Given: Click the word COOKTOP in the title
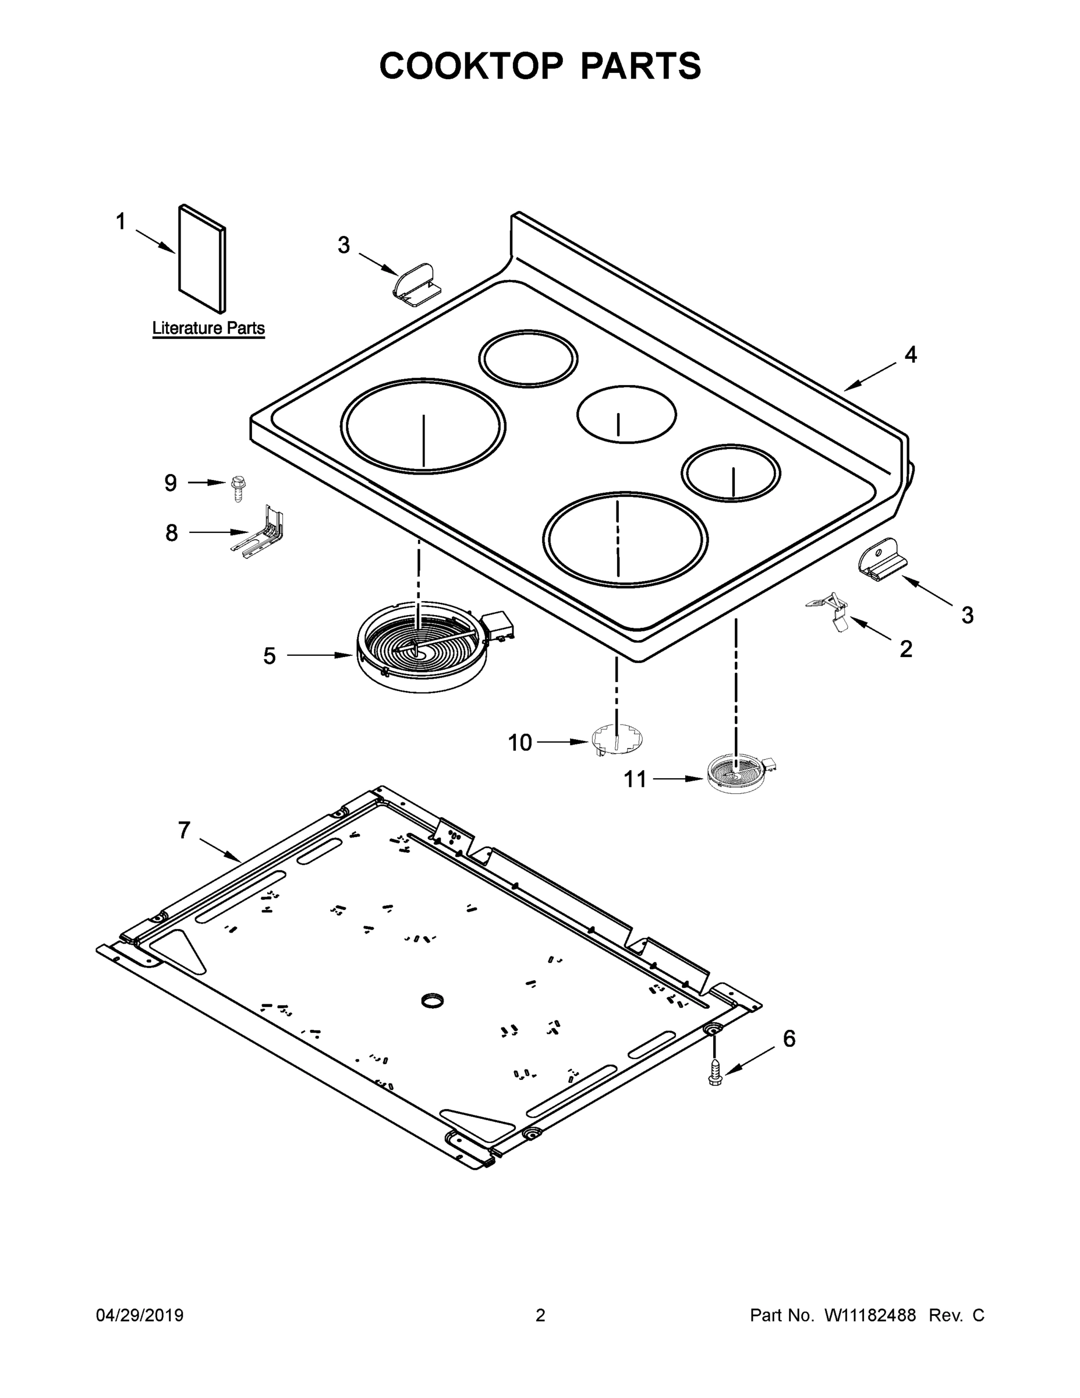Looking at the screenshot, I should coord(472,66).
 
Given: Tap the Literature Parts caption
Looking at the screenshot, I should coord(208,329).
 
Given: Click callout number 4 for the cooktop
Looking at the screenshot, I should coord(911,355).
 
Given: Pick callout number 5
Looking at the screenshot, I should coord(270,655).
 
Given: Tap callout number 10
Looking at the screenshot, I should coord(519,743).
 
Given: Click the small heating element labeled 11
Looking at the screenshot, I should coord(739,774).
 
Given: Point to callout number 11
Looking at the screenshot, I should coord(635,779).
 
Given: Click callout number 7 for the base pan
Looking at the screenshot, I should coord(184,830).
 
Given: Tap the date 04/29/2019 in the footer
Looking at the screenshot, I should coord(140,1315).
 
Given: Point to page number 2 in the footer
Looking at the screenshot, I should coord(540,1315).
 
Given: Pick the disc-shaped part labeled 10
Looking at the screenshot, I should coord(617,739).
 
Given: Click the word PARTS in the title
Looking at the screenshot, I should coord(640,66).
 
